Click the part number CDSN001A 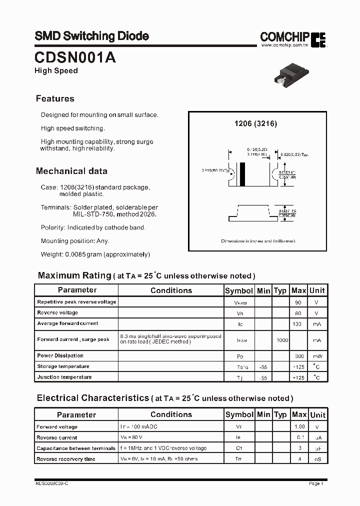pos(75,57)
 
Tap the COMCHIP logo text pos(285,36)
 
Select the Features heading pos(55,98)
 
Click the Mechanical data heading pos(71,171)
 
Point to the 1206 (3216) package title pos(256,123)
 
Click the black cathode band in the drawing pos(243,175)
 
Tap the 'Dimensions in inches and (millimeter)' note pos(258,241)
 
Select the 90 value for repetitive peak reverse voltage pos(298,302)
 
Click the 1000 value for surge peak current pos(281,339)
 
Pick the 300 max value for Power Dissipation pos(298,356)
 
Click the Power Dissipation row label pos(60,355)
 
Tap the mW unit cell pos(317,356)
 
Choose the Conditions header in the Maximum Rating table pos(171,290)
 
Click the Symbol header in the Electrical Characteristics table pos(239,414)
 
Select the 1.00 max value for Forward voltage pos(299,427)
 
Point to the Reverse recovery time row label pos(65,459)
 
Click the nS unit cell pos(317,459)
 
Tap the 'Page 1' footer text pos(316,483)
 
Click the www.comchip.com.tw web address pos(283,45)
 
